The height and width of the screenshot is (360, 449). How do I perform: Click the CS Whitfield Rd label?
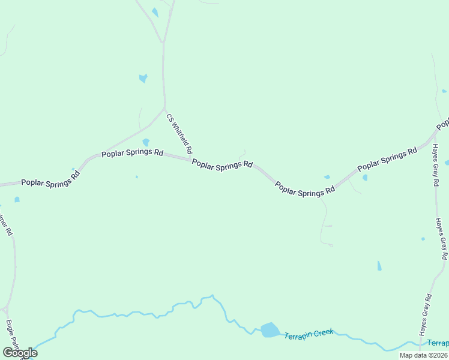179,134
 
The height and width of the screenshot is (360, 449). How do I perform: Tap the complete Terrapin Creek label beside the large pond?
309,334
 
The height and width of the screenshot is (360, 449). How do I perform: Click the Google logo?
20,353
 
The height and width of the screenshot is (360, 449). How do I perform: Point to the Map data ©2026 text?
423,355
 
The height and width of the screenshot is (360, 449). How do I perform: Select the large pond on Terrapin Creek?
270,330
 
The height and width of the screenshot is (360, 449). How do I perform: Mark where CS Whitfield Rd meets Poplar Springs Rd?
191,159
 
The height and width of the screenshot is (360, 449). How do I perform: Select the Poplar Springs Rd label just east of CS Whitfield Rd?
222,163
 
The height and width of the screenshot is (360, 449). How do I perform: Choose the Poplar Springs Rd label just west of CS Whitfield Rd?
132,153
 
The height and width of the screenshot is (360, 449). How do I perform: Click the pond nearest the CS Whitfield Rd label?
146,142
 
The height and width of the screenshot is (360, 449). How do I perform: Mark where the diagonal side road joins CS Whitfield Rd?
164,109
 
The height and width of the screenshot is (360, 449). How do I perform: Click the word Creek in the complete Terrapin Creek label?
322,332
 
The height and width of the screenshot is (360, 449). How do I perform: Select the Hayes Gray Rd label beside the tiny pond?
441,238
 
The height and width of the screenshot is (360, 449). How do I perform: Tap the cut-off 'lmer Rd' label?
5,223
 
